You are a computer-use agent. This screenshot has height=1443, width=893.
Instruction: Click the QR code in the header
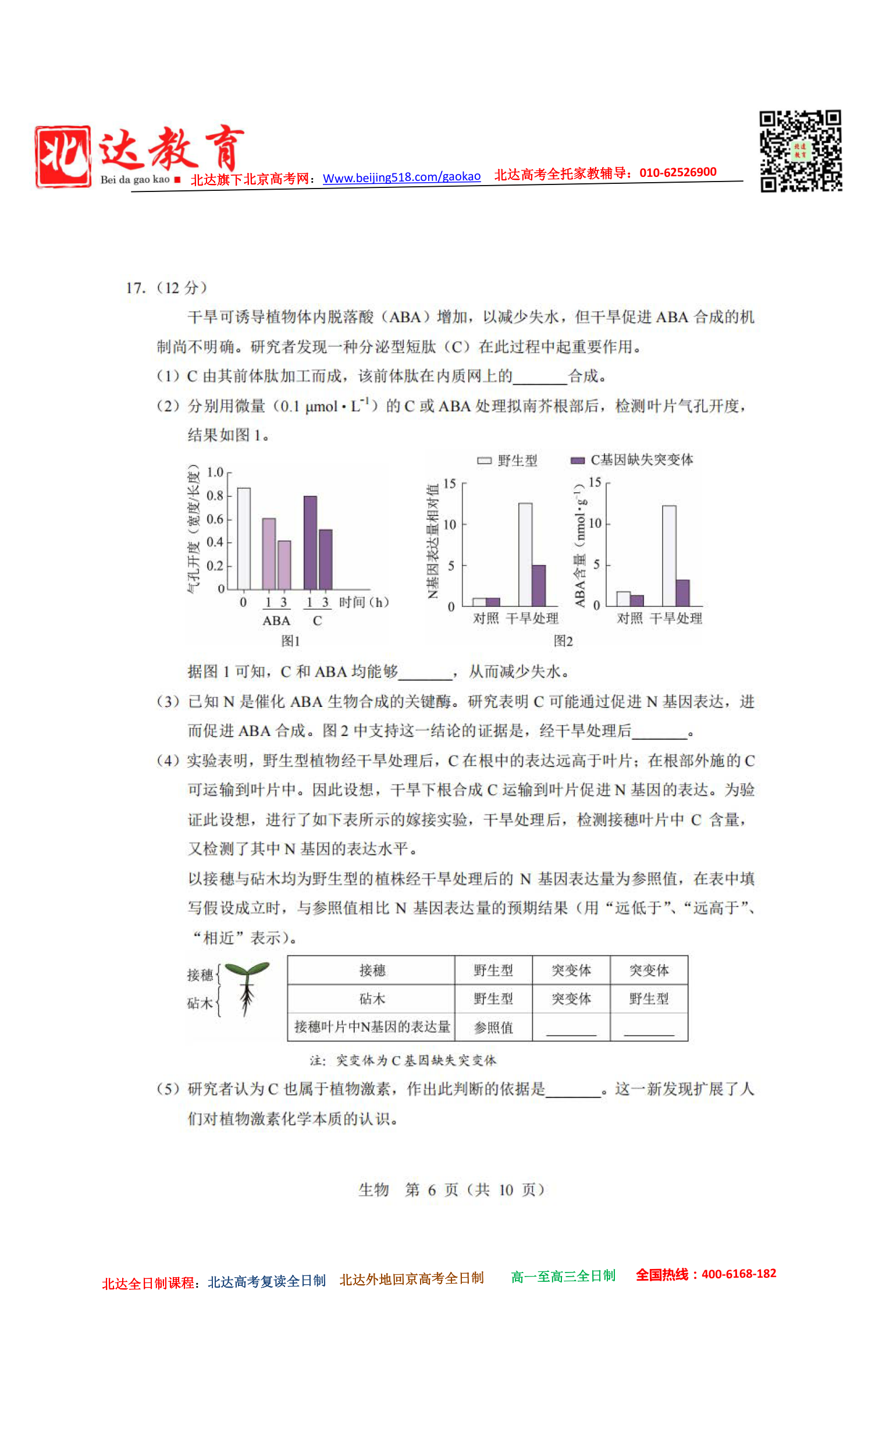pyautogui.click(x=801, y=151)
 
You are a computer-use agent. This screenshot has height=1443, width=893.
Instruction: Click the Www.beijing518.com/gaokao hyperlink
pyautogui.click(x=401, y=177)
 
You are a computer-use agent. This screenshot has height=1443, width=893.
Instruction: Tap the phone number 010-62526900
pyautogui.click(x=677, y=172)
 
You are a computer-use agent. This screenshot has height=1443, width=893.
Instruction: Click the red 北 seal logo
pyautogui.click(x=63, y=157)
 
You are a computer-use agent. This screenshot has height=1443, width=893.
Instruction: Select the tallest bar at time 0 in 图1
pyautogui.click(x=243, y=538)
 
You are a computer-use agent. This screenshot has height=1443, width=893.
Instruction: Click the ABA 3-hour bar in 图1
pyautogui.click(x=284, y=564)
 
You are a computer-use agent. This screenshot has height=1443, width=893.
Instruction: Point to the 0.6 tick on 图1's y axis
pyautogui.click(x=215, y=519)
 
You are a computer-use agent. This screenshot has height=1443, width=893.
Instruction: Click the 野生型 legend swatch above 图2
pyautogui.click(x=484, y=461)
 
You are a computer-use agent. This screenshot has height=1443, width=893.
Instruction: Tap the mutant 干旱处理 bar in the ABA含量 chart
pyautogui.click(x=682, y=592)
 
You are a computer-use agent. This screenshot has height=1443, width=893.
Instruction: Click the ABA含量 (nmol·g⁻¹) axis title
pyautogui.click(x=579, y=545)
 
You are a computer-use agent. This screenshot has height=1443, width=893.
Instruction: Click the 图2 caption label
pyautogui.click(x=563, y=641)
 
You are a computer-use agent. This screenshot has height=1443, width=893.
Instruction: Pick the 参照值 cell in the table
pyautogui.click(x=493, y=1028)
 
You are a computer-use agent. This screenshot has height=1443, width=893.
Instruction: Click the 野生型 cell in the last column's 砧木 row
pyautogui.click(x=649, y=999)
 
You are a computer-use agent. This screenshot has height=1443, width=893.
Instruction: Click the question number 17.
pyautogui.click(x=135, y=287)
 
